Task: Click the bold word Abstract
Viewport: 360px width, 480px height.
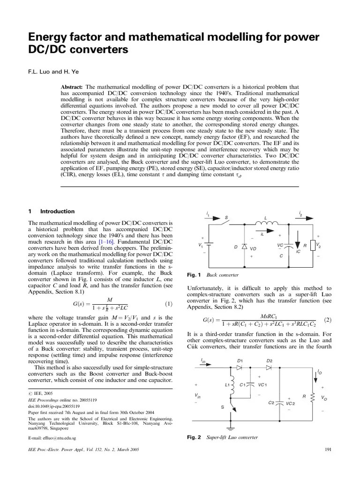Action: pos(72,87)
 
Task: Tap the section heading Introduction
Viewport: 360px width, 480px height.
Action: pos(57,211)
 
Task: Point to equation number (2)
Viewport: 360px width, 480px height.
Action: pos(327,320)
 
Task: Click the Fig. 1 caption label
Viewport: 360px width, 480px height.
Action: pos(194,275)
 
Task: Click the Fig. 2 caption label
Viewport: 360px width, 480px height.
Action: pos(194,437)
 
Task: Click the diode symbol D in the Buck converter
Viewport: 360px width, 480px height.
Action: pos(244,247)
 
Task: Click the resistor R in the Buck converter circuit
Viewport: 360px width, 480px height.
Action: pos(312,245)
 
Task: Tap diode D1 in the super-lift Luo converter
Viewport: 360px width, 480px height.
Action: pos(240,367)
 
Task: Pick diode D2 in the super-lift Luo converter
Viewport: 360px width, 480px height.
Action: pos(269,367)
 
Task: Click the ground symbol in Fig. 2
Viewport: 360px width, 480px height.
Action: pos(230,427)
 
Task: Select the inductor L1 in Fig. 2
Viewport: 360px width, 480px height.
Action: pos(230,385)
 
